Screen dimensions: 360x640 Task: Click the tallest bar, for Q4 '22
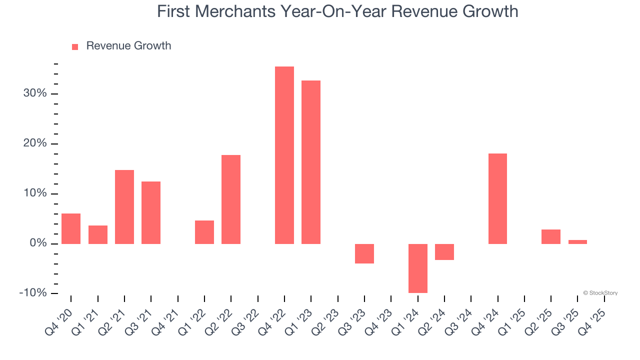click(284, 155)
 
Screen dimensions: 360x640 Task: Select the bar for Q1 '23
click(311, 162)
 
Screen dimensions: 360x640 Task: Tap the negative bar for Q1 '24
click(418, 268)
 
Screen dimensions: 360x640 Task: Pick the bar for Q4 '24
click(497, 198)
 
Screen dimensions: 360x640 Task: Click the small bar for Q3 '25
click(577, 242)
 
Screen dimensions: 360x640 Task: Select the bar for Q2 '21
click(124, 206)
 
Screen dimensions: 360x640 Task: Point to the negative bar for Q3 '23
click(364, 253)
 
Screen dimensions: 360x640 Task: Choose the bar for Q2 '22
click(231, 199)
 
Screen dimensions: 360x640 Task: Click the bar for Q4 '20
click(71, 228)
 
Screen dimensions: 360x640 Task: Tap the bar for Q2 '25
click(551, 236)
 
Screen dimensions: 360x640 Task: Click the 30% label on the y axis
click(34, 94)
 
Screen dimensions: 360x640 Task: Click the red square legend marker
click(75, 47)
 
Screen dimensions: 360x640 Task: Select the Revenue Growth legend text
click(128, 46)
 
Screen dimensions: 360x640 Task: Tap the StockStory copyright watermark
click(600, 293)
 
